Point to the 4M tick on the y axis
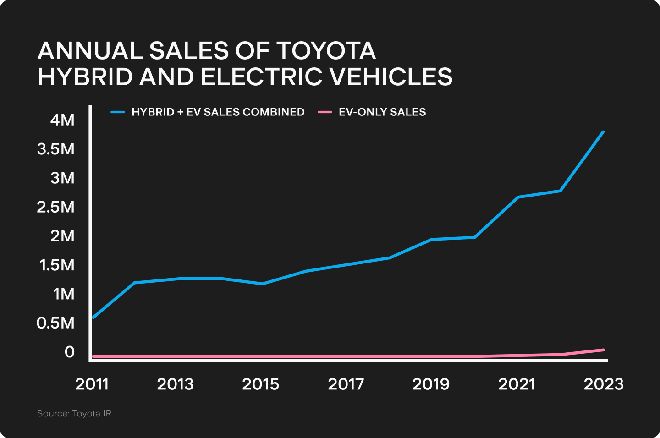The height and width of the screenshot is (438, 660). [x=62, y=120]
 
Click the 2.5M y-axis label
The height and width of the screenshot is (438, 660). [x=56, y=207]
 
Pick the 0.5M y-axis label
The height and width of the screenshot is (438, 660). [x=55, y=323]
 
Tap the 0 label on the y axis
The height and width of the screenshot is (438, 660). [x=70, y=352]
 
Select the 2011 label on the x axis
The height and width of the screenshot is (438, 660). [x=92, y=384]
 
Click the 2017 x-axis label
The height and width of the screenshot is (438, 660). [x=346, y=384]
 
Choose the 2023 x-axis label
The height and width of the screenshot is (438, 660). [x=604, y=384]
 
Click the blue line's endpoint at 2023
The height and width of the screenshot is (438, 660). [x=603, y=132]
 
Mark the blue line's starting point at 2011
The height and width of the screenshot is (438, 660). [x=93, y=318]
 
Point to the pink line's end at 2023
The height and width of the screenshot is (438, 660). [x=603, y=350]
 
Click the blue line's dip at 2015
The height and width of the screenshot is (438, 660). [x=262, y=284]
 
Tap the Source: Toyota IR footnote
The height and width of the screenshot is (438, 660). [x=74, y=414]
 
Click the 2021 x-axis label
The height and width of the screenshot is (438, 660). [x=517, y=384]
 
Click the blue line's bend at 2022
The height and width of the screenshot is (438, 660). [x=561, y=191]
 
